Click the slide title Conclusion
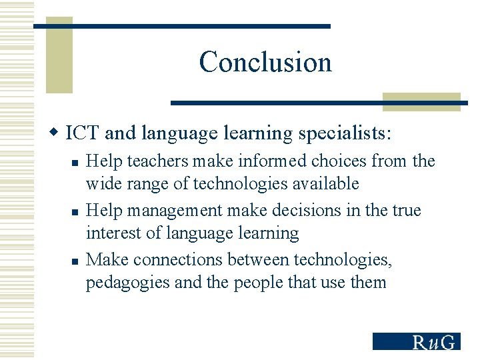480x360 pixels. (265, 62)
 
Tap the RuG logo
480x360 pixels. (416, 341)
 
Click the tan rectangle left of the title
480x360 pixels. (59, 57)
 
